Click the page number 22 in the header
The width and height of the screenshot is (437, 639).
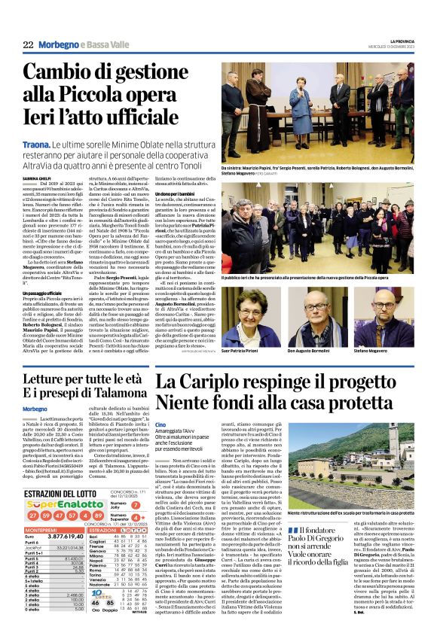point(28,46)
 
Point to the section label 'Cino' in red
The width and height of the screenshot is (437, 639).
point(160,425)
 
